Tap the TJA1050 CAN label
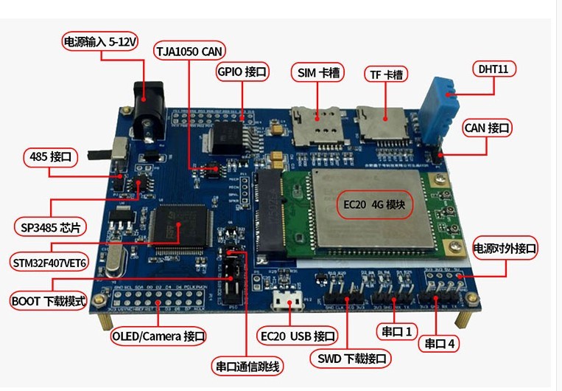(x=190, y=51)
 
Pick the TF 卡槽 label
(x=387, y=75)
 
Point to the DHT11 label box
(x=493, y=69)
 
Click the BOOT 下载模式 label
(x=49, y=301)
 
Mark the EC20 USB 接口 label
(x=298, y=336)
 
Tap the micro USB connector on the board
(x=287, y=302)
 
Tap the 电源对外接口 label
(x=505, y=249)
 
